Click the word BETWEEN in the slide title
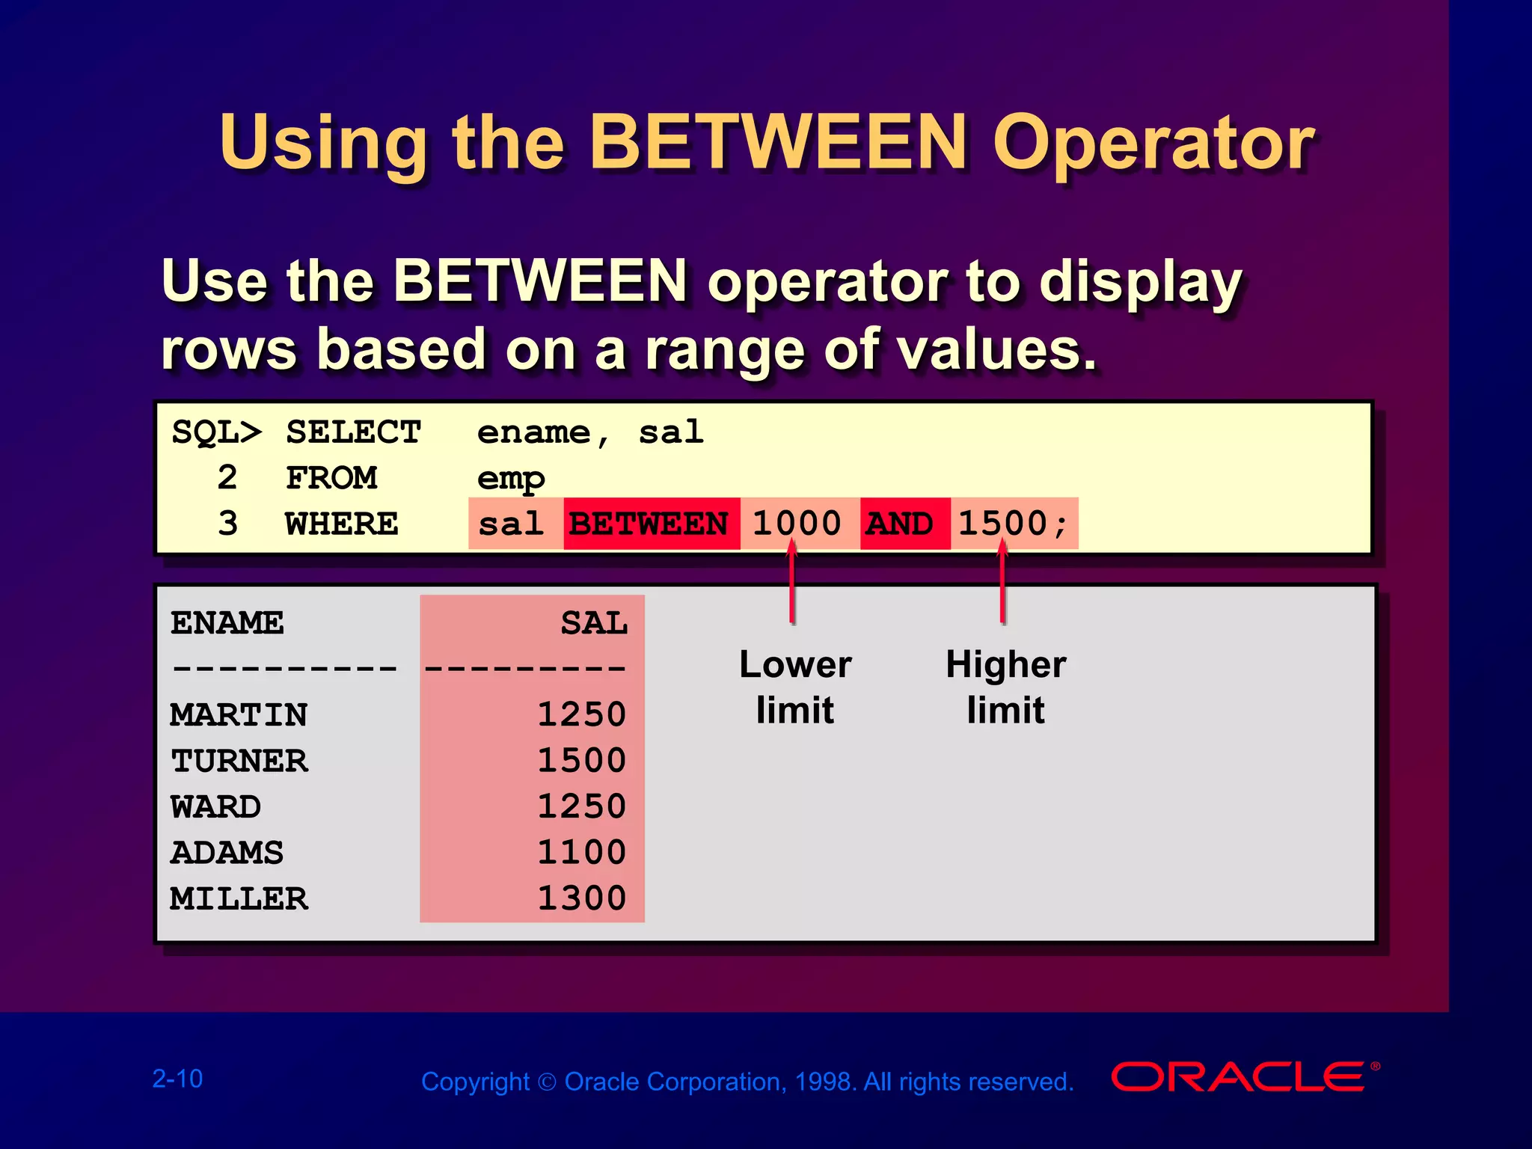pyautogui.click(x=779, y=142)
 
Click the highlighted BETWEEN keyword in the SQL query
pyautogui.click(x=649, y=524)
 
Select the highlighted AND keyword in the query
pyautogui.click(x=901, y=524)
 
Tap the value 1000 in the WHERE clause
pyautogui.click(x=797, y=523)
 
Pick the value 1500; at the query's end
pyautogui.click(x=1013, y=523)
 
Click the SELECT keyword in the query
pyautogui.click(x=353, y=432)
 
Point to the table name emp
pyautogui.click(x=511, y=479)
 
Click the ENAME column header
pyautogui.click(x=227, y=622)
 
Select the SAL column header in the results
pyautogui.click(x=594, y=622)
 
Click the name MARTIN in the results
pyautogui.click(x=239, y=714)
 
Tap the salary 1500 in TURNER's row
pyautogui.click(x=581, y=760)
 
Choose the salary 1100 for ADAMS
pyautogui.click(x=581, y=852)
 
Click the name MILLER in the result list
pyautogui.click(x=239, y=898)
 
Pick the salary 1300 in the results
pyautogui.click(x=581, y=898)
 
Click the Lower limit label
pyautogui.click(x=795, y=687)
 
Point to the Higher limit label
pyautogui.click(x=1005, y=687)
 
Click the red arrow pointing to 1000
pyautogui.click(x=791, y=587)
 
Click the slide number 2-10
pyautogui.click(x=177, y=1079)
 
